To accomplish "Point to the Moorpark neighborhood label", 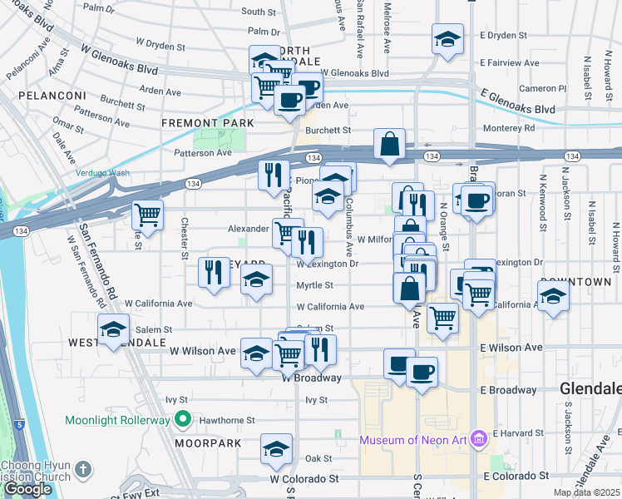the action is [208, 443].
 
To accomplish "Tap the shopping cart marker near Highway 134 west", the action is [148, 215].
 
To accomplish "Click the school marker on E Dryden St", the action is [447, 38].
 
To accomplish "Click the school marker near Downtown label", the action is [553, 296].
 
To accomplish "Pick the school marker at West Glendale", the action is [114, 329].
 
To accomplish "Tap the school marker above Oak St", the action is [277, 449].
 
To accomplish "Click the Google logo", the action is [27, 489].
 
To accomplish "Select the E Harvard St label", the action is [517, 433].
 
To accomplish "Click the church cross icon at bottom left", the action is [82, 470].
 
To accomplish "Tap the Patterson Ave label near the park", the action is [203, 153].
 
